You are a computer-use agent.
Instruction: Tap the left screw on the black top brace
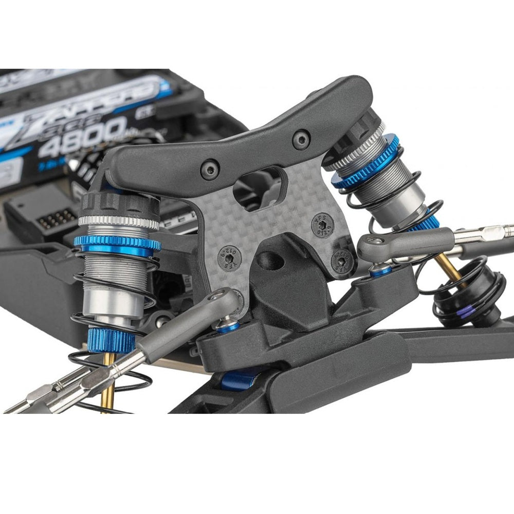pos(209,170)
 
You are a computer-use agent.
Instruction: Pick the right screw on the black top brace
pos(300,139)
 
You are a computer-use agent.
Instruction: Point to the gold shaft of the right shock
pos(448,267)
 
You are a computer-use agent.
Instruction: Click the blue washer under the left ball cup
pos(227,326)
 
